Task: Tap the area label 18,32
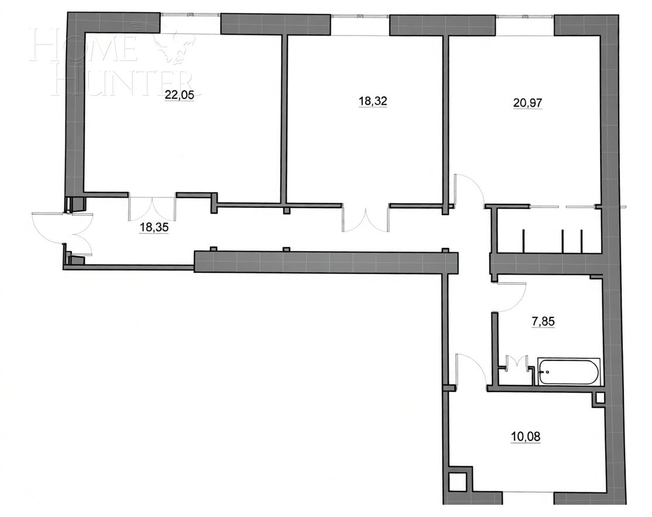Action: [373, 101]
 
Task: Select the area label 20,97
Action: [528, 103]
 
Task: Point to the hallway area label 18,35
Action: [154, 227]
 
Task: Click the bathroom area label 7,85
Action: [543, 321]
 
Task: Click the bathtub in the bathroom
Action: [568, 372]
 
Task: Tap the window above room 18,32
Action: [360, 16]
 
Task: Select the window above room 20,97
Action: [525, 16]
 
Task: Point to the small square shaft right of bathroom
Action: [599, 399]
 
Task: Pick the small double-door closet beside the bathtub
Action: [518, 364]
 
